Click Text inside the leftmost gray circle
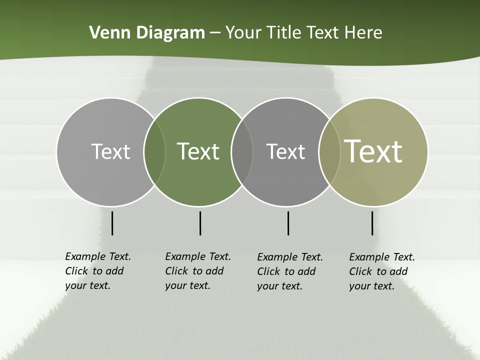(110, 151)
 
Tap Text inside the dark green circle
(198, 151)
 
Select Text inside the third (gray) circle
(285, 151)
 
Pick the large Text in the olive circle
(373, 151)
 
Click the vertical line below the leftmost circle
(112, 223)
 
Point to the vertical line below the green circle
(200, 223)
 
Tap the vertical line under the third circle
(288, 223)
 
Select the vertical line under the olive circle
(372, 223)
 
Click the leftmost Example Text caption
(98, 256)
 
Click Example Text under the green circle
(198, 256)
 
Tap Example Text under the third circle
(290, 257)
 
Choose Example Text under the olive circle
(382, 257)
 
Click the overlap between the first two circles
(154, 151)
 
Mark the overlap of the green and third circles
(242, 151)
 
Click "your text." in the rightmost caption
(371, 286)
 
